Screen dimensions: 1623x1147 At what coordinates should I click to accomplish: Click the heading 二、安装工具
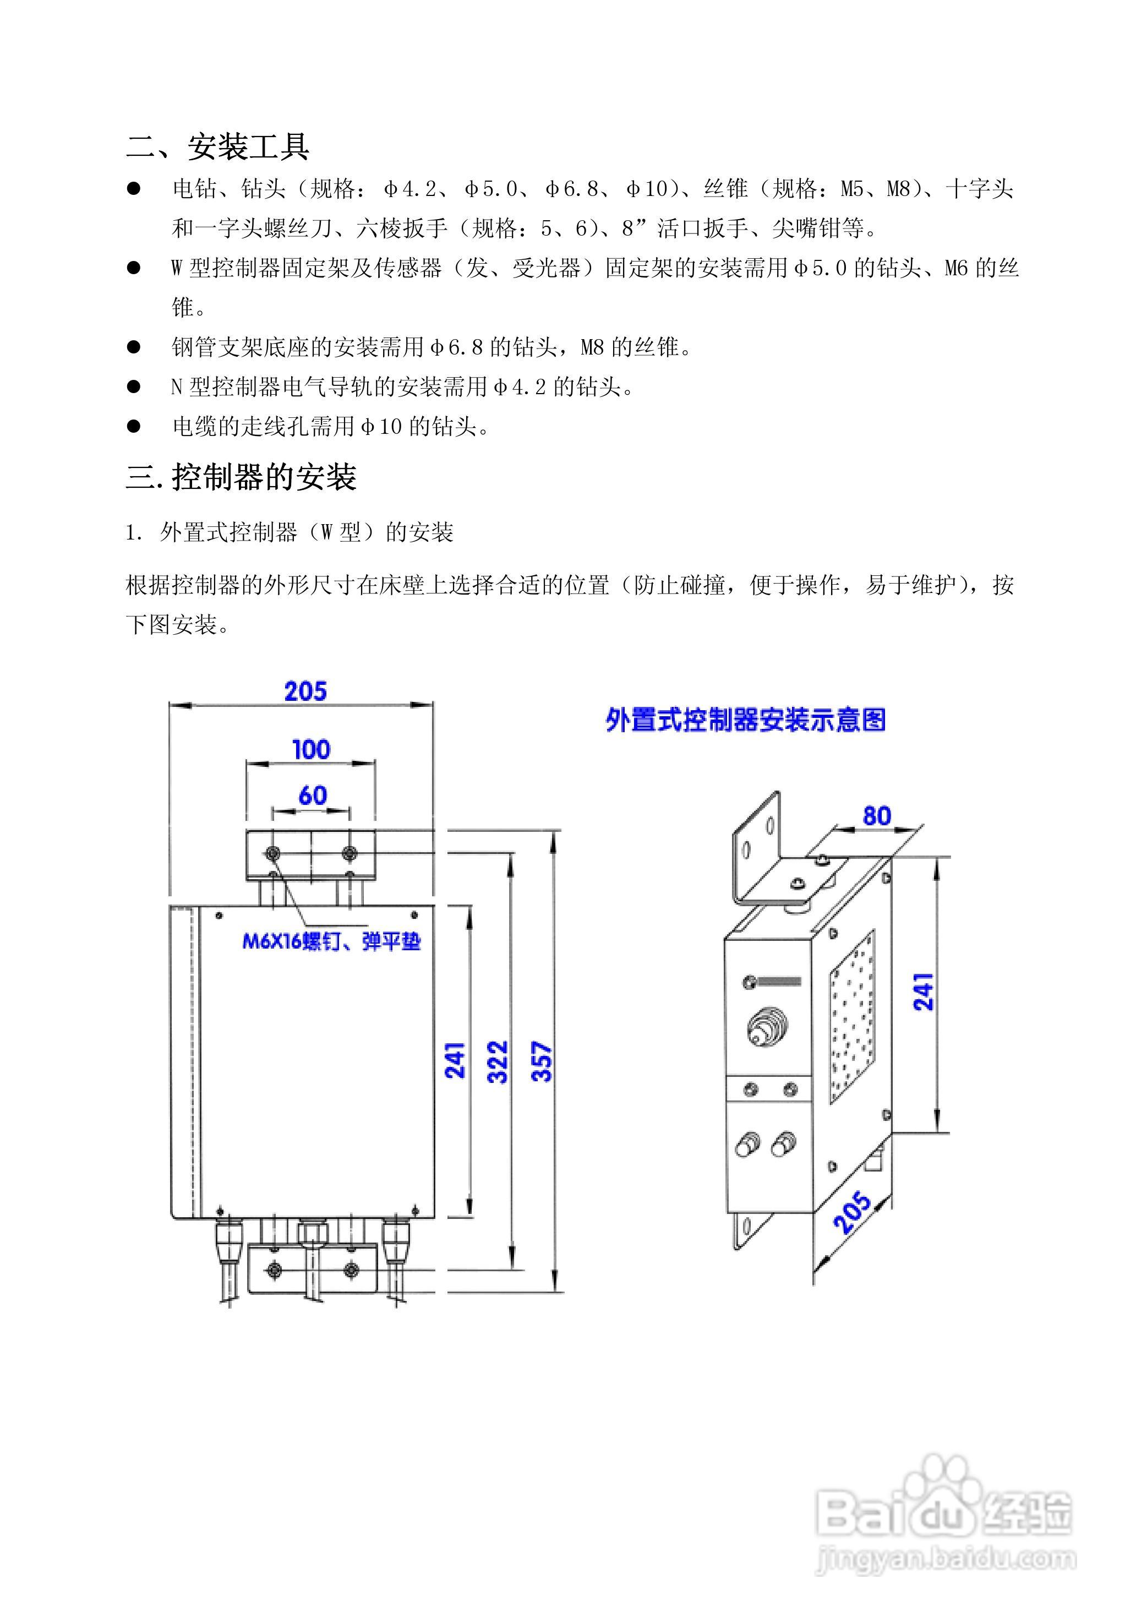coord(217,147)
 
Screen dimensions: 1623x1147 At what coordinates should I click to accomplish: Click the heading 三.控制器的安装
coord(241,477)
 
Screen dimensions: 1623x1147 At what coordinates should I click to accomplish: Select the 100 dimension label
coord(311,749)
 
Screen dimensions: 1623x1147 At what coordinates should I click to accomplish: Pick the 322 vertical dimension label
coord(498,1062)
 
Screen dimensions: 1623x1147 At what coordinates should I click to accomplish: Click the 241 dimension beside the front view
coord(455,1060)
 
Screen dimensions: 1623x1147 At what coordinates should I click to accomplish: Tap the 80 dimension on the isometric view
coord(876,816)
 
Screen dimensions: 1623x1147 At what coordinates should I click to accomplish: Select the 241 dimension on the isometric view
coord(924,991)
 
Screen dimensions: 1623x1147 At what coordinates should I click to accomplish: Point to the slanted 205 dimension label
coord(853,1213)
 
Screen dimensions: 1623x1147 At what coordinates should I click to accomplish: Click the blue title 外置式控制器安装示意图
coord(746,720)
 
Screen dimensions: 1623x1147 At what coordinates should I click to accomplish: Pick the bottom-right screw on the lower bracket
coord(351,1270)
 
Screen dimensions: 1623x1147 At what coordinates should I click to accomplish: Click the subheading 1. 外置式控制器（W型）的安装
coord(289,532)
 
